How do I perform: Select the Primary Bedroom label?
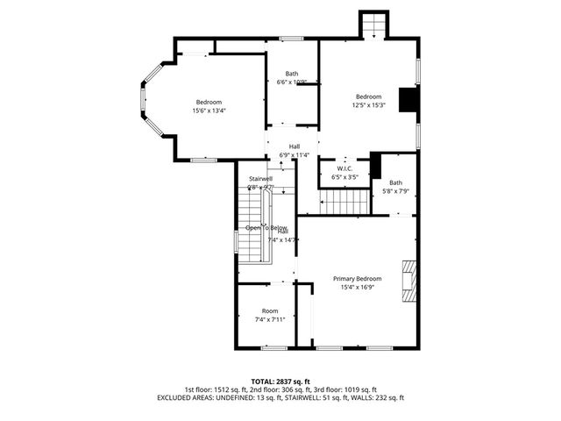pos(357,278)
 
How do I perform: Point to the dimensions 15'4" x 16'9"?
pos(357,287)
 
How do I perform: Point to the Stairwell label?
pos(260,178)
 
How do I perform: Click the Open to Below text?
pos(266,227)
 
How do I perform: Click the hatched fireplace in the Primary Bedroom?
pos(408,281)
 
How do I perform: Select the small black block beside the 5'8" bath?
pos(375,165)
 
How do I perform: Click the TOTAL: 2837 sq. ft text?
pos(280,382)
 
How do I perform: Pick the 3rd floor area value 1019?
pos(347,389)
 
